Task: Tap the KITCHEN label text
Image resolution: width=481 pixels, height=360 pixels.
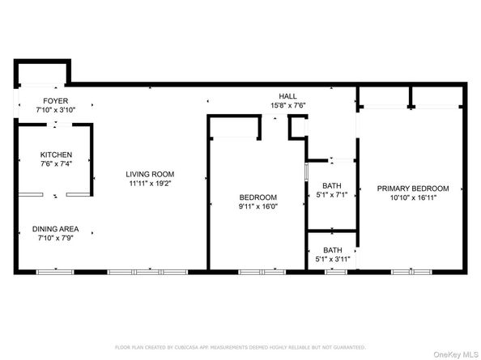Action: click(57, 155)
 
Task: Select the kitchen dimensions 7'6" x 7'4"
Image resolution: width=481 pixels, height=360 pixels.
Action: click(57, 164)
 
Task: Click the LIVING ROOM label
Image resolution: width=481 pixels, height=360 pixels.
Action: click(150, 174)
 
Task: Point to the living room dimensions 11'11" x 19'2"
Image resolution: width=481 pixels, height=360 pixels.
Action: click(150, 184)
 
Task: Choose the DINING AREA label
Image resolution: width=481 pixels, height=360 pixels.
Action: click(55, 229)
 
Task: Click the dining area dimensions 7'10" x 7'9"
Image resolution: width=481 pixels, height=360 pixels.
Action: click(55, 239)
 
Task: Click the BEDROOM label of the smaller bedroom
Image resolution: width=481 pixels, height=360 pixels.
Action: click(258, 197)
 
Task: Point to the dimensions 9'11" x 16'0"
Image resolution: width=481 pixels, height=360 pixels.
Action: click(258, 207)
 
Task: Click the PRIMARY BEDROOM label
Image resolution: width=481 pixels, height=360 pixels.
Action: click(413, 188)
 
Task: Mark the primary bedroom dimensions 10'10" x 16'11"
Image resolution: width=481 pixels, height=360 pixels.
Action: click(413, 198)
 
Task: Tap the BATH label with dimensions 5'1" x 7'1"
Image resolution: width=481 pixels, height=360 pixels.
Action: click(332, 185)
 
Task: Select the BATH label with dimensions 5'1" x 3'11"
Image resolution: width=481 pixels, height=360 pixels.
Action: click(332, 250)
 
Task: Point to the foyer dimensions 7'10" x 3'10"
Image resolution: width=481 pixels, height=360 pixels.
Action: click(55, 110)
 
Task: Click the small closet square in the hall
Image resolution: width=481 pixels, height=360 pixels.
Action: click(297, 127)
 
